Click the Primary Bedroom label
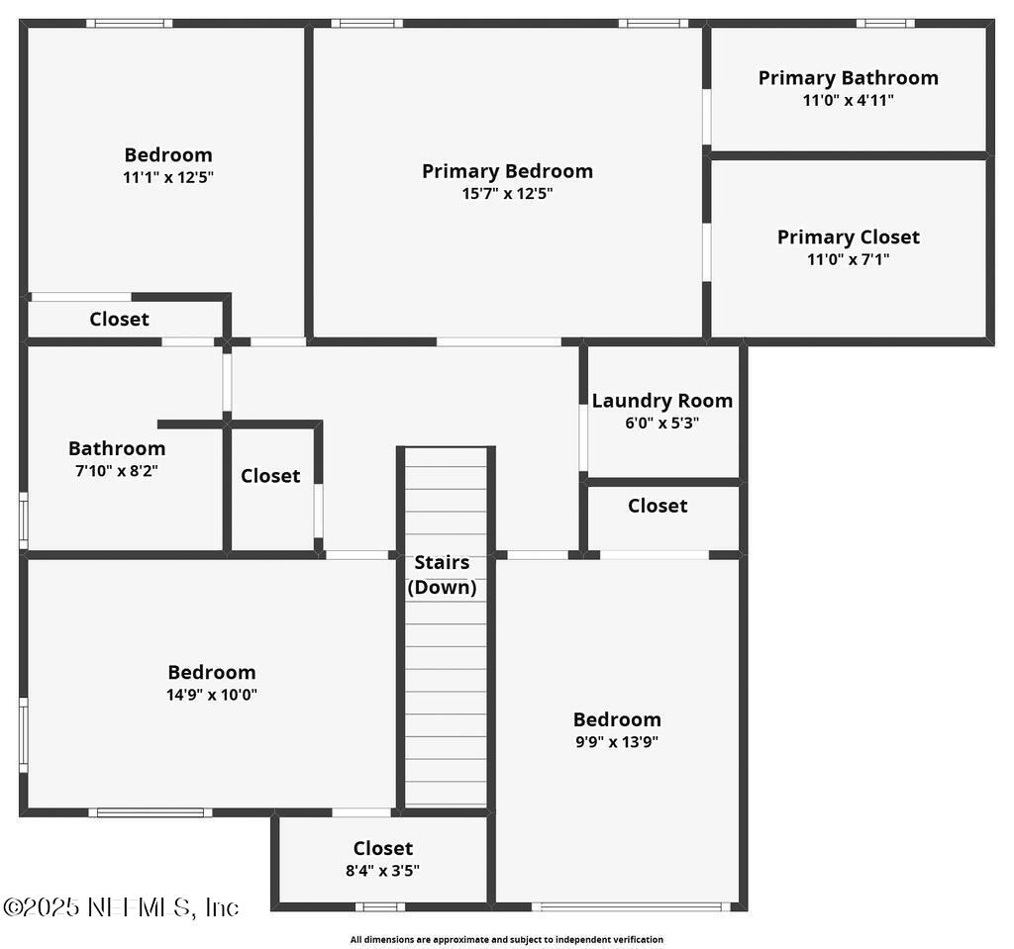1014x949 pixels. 507,171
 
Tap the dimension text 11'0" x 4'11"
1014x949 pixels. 848,100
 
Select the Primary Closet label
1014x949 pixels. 848,237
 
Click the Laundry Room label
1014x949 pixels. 661,401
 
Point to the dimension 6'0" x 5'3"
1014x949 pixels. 661,424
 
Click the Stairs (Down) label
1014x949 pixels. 442,575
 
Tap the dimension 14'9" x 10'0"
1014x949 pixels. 212,695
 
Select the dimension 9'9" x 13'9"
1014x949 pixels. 617,742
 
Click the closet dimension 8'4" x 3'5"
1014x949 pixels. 383,871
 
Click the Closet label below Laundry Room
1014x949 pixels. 658,506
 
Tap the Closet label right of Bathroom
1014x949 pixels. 270,476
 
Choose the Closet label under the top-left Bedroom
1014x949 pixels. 119,319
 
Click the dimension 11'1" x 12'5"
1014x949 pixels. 168,177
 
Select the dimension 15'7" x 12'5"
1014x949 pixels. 507,194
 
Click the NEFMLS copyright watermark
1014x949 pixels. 121,907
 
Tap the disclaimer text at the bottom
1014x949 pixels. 506,939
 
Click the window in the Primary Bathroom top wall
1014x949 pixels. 885,23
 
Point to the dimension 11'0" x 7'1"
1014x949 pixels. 848,260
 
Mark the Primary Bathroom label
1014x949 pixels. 848,77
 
